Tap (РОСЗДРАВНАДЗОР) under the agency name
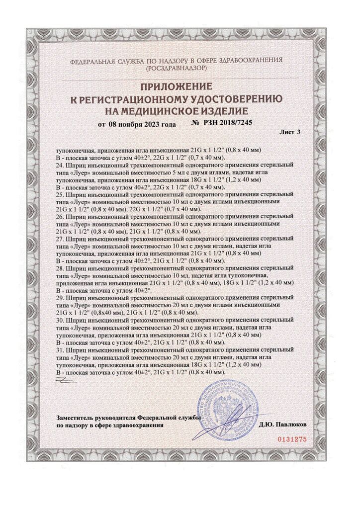[x=180, y=67]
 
